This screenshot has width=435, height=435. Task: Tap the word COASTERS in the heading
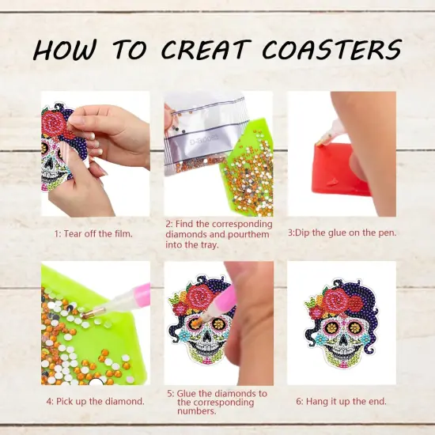(x=332, y=49)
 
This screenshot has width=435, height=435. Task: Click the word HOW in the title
(x=65, y=50)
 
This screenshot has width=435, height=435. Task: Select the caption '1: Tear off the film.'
(x=93, y=234)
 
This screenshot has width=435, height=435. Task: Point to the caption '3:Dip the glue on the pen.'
(x=342, y=233)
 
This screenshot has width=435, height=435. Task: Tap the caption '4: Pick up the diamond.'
(x=96, y=401)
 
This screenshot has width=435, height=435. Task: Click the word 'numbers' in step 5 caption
(x=197, y=411)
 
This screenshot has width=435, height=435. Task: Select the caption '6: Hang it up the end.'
(x=341, y=401)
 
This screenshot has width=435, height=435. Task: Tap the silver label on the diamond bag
(x=205, y=141)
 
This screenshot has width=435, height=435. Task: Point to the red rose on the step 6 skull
(x=338, y=301)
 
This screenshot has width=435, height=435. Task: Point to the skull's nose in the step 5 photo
(x=206, y=336)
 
